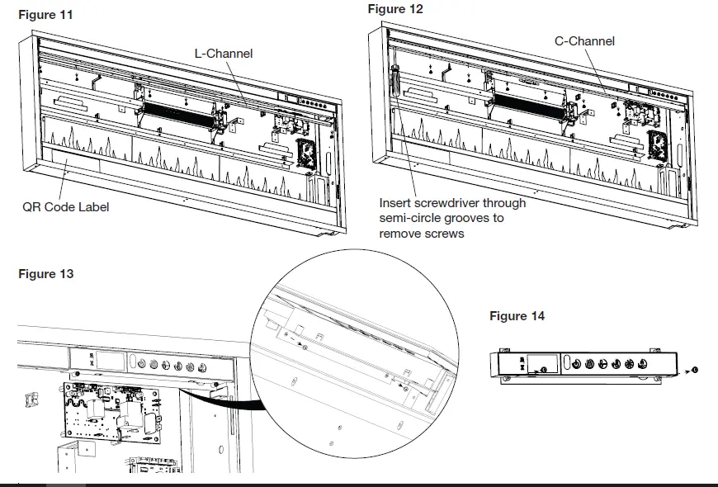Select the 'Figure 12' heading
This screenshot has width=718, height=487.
coord(395,9)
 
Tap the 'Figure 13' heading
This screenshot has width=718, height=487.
coord(45,274)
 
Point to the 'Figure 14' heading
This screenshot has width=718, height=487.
coord(517,316)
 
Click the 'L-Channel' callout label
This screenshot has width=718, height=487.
coord(224,54)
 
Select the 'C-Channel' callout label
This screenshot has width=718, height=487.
coord(584,41)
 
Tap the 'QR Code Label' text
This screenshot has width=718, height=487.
coord(65,206)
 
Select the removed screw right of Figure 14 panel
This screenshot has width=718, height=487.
coord(694,369)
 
